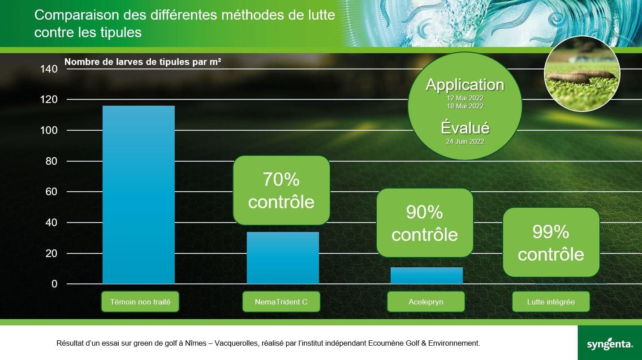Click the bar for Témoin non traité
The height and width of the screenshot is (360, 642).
pyautogui.click(x=139, y=195)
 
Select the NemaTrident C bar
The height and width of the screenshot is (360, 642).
pyautogui.click(x=283, y=258)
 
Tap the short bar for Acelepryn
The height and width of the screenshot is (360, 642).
pyautogui.click(x=427, y=275)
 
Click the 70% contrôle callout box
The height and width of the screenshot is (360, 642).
pyautogui.click(x=281, y=190)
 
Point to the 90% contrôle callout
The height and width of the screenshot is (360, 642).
pyautogui.click(x=425, y=223)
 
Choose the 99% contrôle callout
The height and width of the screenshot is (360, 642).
pyautogui.click(x=551, y=242)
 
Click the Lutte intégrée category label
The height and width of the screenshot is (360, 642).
pyautogui.click(x=551, y=302)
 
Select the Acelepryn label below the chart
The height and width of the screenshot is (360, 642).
pyautogui.click(x=426, y=302)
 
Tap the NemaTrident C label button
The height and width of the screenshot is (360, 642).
pyautogui.click(x=281, y=302)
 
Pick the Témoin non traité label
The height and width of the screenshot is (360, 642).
pyautogui.click(x=140, y=302)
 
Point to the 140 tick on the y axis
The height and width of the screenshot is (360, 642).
pyautogui.click(x=49, y=69)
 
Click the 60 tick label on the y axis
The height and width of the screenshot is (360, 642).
pyautogui.click(x=52, y=192)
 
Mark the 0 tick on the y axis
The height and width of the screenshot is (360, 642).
pyautogui.click(x=55, y=284)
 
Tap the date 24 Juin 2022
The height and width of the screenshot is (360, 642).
pyautogui.click(x=465, y=141)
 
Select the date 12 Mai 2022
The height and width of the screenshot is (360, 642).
pyautogui.click(x=465, y=98)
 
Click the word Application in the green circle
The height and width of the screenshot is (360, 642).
pyautogui.click(x=465, y=85)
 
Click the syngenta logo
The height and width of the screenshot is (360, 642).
pyautogui.click(x=610, y=344)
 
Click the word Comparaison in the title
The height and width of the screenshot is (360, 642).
pyautogui.click(x=77, y=15)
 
